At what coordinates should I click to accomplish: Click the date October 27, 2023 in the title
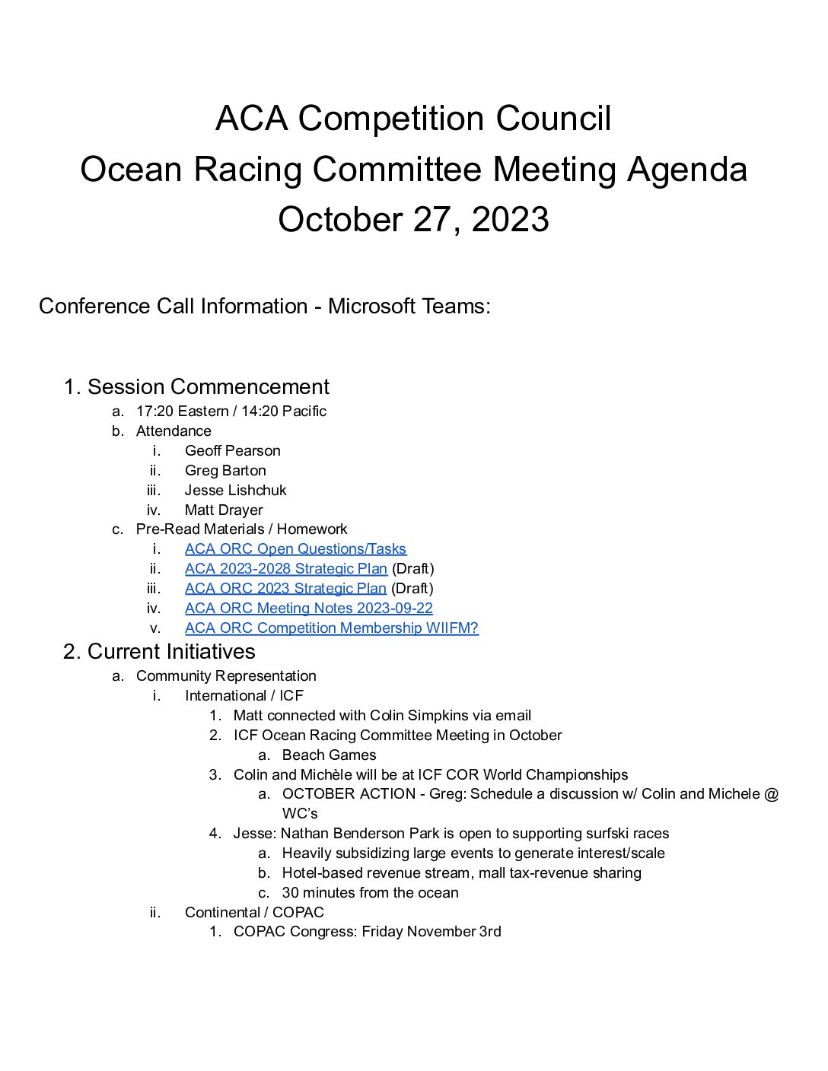coord(413,219)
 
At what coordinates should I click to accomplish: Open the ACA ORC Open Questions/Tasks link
coord(295,548)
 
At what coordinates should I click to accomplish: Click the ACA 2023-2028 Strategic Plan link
coord(286,568)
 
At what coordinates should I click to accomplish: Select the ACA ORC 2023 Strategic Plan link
coord(285,588)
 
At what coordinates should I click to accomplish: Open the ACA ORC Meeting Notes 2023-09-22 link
coord(308,608)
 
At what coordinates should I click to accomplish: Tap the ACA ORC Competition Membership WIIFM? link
coord(331,628)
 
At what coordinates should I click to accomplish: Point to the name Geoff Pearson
coord(232,450)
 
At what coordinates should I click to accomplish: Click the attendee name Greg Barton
coord(225,470)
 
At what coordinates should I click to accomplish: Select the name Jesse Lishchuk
coord(235,490)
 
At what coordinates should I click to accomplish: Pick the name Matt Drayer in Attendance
coord(224,510)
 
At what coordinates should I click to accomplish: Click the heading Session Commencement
coord(208,386)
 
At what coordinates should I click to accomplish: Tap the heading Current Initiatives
coord(171,651)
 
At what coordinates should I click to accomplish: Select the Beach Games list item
coord(329,755)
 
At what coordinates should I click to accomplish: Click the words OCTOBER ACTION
coord(349,793)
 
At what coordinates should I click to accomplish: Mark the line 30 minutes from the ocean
coord(370,892)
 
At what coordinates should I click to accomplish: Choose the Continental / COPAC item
coord(254,912)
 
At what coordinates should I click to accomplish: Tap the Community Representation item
coord(226,675)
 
